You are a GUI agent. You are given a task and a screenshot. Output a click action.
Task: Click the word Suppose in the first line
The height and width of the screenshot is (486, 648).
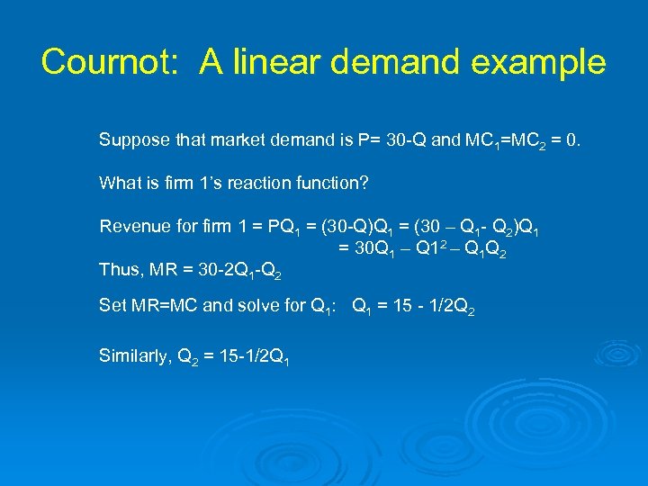point(130,140)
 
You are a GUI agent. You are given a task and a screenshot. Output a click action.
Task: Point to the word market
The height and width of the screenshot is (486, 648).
point(223,140)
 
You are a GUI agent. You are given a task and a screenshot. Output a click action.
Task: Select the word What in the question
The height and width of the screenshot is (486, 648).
point(118,183)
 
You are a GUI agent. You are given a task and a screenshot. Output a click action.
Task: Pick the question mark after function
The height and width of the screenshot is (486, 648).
point(364,183)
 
